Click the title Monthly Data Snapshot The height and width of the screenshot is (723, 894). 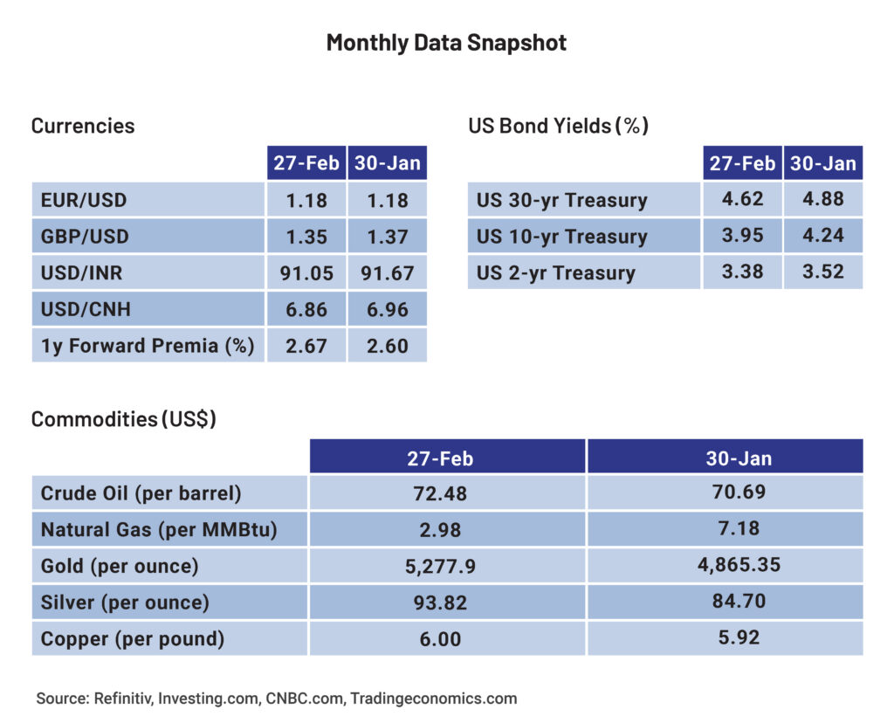[446, 42]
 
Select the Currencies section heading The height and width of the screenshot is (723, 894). [83, 126]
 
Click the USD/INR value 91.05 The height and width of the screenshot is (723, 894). [306, 273]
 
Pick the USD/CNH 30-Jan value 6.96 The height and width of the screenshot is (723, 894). [388, 310]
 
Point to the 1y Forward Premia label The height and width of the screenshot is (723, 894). [148, 346]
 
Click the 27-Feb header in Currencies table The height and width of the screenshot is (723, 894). [306, 163]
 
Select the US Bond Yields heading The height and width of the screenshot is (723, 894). [558, 126]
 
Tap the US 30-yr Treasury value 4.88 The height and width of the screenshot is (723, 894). [823, 198]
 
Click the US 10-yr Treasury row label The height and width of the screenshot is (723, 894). [561, 237]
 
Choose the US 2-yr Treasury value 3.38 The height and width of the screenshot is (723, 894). [742, 272]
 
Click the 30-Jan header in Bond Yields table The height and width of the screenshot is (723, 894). [823, 163]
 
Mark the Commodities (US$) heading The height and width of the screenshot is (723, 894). [123, 419]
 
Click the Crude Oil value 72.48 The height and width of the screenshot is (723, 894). [440, 493]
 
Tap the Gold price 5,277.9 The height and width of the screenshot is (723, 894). [440, 567]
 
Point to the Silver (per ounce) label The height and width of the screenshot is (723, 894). [125, 602]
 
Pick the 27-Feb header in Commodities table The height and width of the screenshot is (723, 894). [440, 458]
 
